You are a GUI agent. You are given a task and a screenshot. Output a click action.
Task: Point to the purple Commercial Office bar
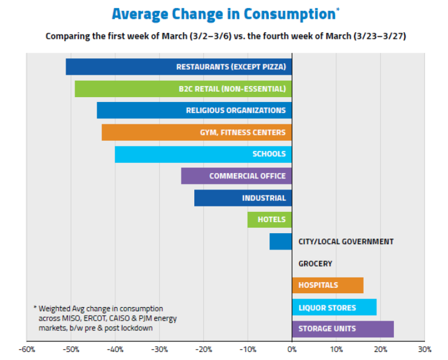[x=237, y=176]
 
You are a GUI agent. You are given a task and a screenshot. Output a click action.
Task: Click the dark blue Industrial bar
[x=243, y=198]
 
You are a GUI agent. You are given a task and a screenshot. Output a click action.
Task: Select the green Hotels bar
[x=270, y=220]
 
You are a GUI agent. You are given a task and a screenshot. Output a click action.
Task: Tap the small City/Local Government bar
[x=280, y=242]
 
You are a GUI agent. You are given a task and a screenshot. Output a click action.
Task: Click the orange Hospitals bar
[x=327, y=285]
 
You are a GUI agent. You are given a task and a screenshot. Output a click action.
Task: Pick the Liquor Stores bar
[x=334, y=307]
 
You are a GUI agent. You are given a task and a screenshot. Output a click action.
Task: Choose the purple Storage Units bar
[x=342, y=329]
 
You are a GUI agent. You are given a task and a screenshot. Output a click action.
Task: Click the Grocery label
[x=315, y=263]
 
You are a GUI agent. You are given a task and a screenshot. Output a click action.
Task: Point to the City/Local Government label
[x=346, y=242]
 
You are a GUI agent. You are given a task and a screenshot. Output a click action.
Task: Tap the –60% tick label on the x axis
[x=26, y=350]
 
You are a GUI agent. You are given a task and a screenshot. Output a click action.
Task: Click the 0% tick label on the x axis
[x=292, y=350]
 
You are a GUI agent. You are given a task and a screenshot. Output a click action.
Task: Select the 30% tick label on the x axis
[x=424, y=350]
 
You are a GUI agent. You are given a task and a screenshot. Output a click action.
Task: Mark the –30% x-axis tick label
[x=159, y=350]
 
